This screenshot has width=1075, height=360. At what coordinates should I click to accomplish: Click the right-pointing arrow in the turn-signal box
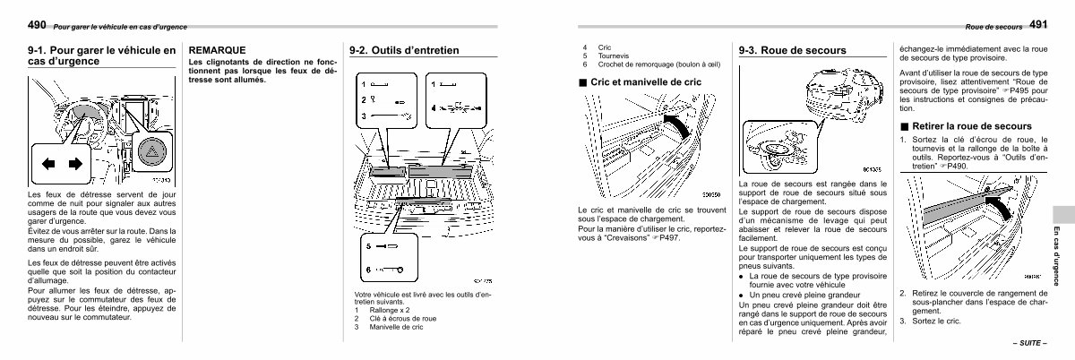coord(75,164)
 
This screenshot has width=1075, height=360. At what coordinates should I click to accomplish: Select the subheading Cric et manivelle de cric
coord(643,81)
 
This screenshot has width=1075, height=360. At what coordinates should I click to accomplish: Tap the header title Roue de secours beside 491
coord(993,27)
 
